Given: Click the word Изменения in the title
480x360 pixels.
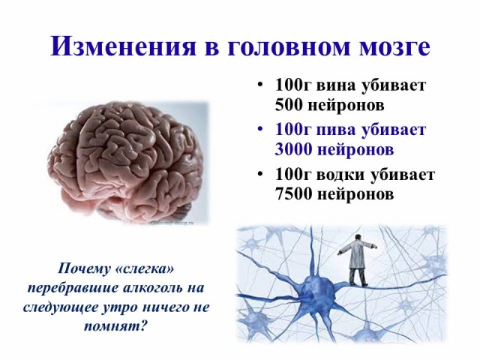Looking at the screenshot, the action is pos(123,46).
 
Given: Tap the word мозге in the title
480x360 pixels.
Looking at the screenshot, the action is pos(394,48).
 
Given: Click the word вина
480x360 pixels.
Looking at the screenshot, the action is pos(335,86).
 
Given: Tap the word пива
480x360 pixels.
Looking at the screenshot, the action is pos(335,130).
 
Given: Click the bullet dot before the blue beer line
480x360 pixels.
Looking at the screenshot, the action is pos(260,129).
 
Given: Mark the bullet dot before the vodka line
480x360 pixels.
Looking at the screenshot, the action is pos(260,174).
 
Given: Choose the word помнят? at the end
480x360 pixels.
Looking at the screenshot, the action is pos(115,326).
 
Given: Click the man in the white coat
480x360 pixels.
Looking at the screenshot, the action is pos(356,259).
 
